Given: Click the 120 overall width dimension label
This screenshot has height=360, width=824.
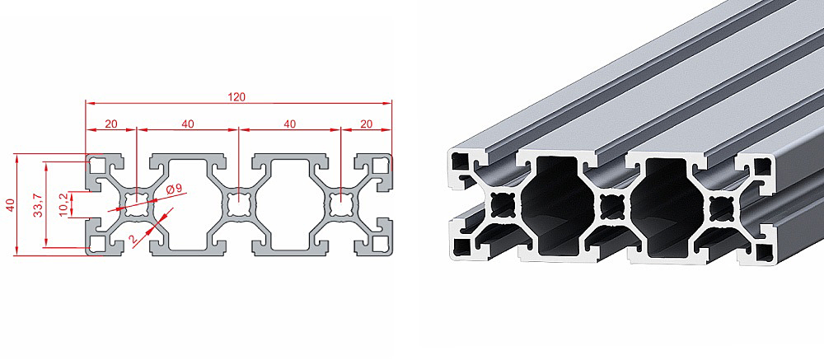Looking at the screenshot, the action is coord(236,96).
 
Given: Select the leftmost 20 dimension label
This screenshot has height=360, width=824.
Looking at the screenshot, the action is coord(111,124).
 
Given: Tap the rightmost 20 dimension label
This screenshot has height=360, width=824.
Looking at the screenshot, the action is coord(367,124).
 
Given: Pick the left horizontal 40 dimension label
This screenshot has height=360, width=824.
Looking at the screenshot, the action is coord(188,124).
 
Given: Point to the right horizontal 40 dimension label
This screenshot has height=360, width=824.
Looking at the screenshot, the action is coord(290,124).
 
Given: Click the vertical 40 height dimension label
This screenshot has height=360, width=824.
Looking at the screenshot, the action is coord(9,205).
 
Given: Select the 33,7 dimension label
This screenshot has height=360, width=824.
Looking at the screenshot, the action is coord(38,205).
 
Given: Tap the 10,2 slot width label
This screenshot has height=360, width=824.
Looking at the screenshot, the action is coord(63,204).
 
